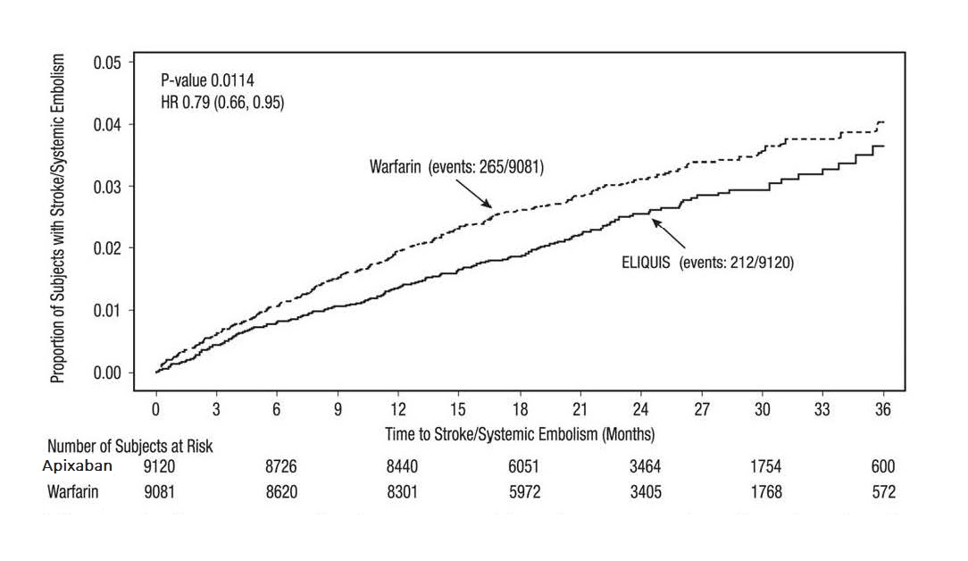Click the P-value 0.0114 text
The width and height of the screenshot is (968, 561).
(x=207, y=81)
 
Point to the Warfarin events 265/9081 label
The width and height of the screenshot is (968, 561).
(x=456, y=166)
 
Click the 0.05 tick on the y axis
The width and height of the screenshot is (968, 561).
(x=107, y=63)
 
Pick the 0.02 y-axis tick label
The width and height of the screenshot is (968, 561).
(x=107, y=248)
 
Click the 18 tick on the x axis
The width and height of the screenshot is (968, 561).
(x=520, y=410)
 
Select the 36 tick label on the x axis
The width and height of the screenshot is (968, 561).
(x=883, y=410)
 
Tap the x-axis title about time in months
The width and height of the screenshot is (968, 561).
(x=520, y=434)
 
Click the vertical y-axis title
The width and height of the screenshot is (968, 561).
(x=58, y=218)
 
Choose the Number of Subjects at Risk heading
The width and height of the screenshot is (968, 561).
(x=130, y=446)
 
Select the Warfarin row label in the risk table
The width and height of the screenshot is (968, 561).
(x=73, y=491)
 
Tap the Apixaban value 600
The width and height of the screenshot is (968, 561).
(x=882, y=466)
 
